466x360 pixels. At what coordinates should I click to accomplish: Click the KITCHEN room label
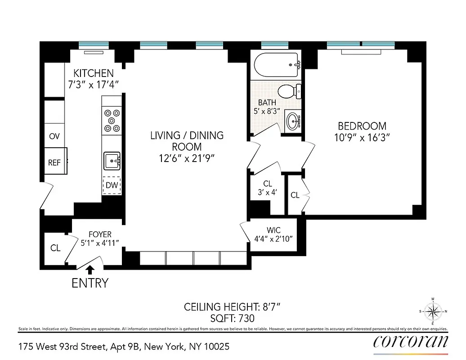pos(94,73)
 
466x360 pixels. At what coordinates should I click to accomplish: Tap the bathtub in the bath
pos(277,65)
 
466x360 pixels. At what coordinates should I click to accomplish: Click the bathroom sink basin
pos(293,121)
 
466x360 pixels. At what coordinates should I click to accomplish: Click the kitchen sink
pos(112,160)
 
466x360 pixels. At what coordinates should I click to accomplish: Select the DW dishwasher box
pos(112,185)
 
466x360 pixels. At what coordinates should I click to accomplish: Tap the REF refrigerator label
pos(54,163)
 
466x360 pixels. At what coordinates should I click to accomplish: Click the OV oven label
pos(54,136)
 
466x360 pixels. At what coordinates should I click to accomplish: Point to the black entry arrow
pos(90,269)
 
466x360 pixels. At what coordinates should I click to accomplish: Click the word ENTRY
pos(90,283)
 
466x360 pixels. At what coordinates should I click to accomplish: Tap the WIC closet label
pos(273,230)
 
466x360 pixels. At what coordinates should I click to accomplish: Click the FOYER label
pos(99,234)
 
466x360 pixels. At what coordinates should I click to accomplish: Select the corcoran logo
pos(411,341)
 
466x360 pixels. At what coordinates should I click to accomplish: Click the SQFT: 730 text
pos(232,319)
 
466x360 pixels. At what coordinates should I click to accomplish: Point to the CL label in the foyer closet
pos(55,248)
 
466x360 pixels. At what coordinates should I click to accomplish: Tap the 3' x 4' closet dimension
pos(268,192)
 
